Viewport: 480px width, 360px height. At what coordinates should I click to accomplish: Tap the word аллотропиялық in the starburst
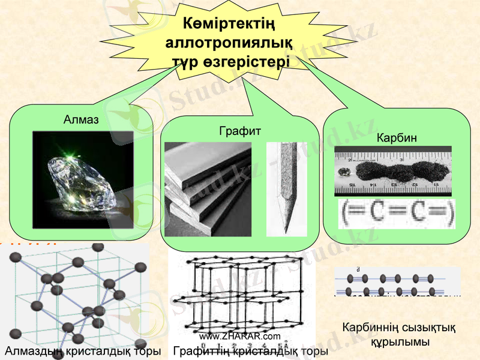point(229,43)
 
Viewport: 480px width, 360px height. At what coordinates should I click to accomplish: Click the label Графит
point(240,130)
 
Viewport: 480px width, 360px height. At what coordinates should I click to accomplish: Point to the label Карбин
point(397,139)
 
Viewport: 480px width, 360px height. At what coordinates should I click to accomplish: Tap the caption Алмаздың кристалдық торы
point(82,351)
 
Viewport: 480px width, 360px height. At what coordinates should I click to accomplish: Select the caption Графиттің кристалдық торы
point(250,351)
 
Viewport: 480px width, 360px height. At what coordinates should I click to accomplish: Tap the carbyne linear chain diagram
point(397,280)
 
